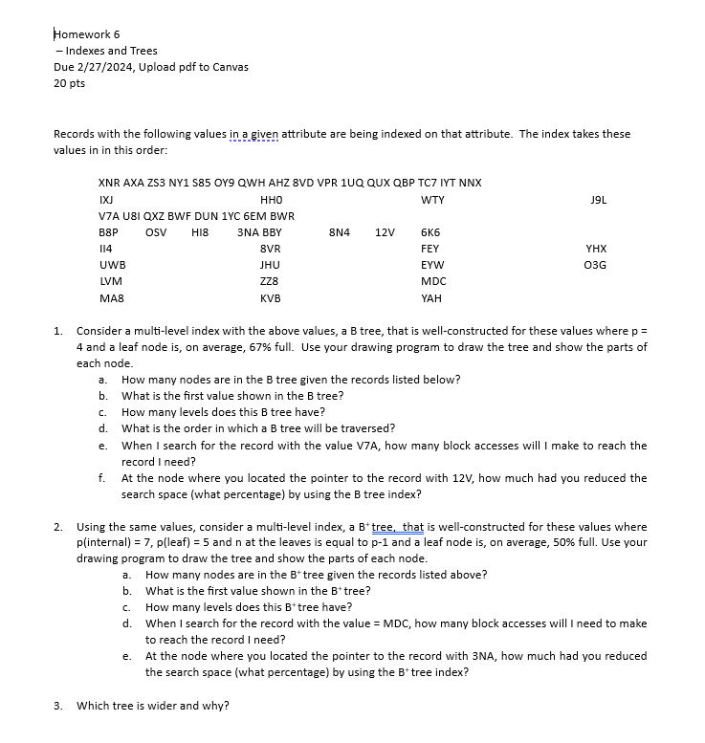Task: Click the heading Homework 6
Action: pos(87,34)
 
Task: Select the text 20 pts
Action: pos(70,83)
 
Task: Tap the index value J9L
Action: pos(600,200)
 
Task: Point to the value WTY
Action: pos(432,200)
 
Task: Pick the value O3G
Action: pos(595,265)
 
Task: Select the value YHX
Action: pos(596,249)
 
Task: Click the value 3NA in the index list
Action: pos(248,232)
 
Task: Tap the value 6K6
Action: pos(430,232)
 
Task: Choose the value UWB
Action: pos(112,265)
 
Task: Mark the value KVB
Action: pos(270,297)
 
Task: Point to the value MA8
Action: pos(111,297)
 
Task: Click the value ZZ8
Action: pos(269,281)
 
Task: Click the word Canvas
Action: pos(230,67)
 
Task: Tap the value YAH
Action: pos(431,297)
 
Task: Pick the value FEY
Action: pos(430,249)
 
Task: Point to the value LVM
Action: pos(111,281)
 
